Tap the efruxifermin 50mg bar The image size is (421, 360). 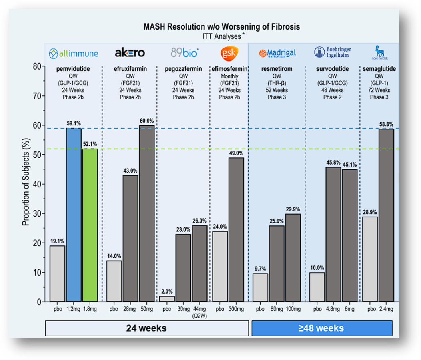pyautogui.click(x=146, y=213)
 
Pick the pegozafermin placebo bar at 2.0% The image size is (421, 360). pyautogui.click(x=167, y=298)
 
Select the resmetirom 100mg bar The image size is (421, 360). pyautogui.click(x=293, y=257)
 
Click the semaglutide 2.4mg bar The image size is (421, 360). pyautogui.click(x=386, y=215)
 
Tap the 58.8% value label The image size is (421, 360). pyautogui.click(x=386, y=123)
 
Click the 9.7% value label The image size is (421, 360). pyautogui.click(x=260, y=268)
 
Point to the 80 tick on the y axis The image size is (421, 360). pyautogui.click(x=36, y=66)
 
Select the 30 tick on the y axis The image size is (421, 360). pyautogui.click(x=36, y=214)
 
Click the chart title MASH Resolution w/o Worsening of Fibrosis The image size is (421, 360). pyautogui.click(x=222, y=27)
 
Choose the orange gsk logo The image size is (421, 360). pyautogui.click(x=229, y=53)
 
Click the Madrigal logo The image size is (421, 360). pyautogui.click(x=277, y=53)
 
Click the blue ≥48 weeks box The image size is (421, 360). pyautogui.click(x=321, y=328)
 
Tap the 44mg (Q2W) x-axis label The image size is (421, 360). pyautogui.click(x=199, y=312)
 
